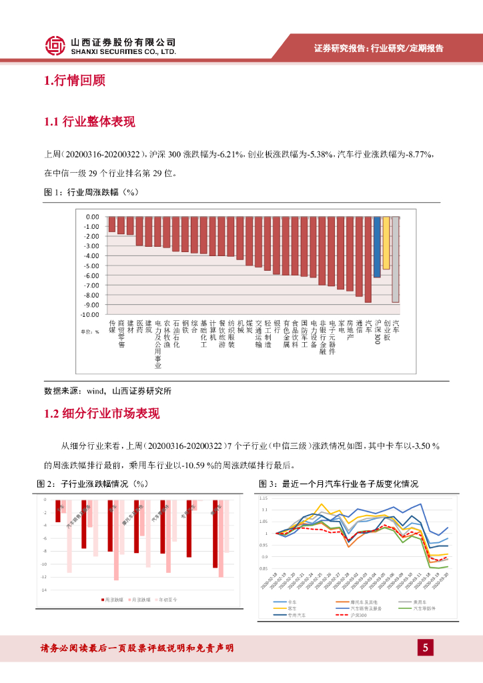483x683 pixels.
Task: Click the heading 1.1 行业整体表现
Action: point(89,121)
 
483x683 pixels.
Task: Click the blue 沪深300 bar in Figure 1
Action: point(377,246)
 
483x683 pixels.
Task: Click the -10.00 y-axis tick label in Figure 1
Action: point(90,314)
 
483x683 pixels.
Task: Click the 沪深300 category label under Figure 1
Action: point(377,330)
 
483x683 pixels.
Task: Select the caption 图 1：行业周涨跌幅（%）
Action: point(90,192)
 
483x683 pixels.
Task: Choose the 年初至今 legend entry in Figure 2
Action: point(174,600)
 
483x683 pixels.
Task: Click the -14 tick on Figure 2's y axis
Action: point(44,590)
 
